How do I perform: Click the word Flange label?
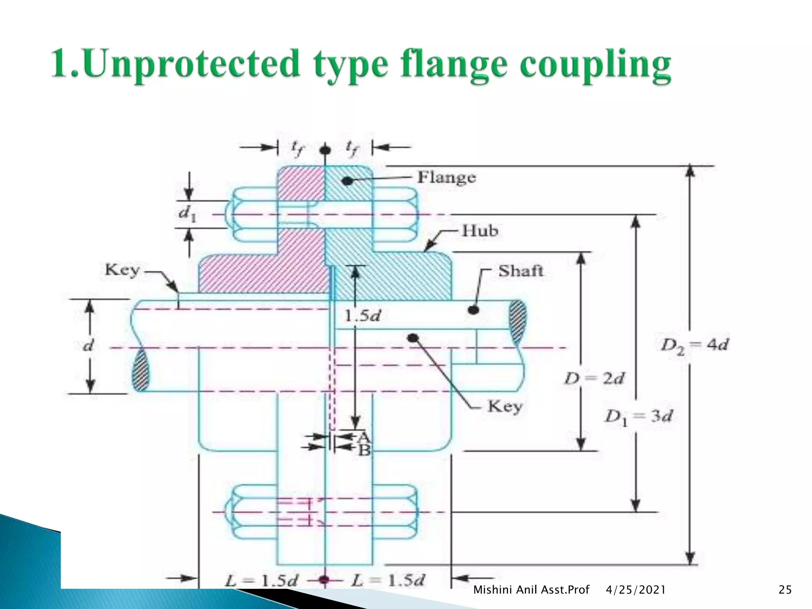point(446,177)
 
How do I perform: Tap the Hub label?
point(480,231)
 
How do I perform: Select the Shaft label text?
point(521,271)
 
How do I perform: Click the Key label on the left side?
point(123,270)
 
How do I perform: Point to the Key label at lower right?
point(505,406)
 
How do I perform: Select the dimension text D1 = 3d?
point(638,417)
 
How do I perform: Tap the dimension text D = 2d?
point(594,379)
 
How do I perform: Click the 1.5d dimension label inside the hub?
point(362,316)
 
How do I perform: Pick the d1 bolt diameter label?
point(187,214)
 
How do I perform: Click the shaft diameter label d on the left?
point(88,345)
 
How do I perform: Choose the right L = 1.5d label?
point(388,581)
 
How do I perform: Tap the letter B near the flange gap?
point(364,450)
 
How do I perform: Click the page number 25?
point(785,590)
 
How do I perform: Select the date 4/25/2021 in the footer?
point(636,590)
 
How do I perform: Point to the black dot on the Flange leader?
point(347,181)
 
